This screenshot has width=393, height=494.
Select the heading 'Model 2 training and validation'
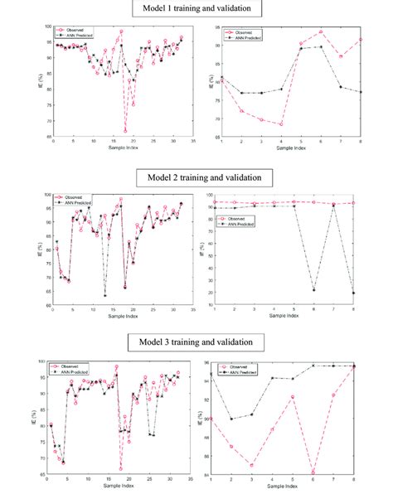(197, 177)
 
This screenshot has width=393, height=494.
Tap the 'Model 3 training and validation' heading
(197, 341)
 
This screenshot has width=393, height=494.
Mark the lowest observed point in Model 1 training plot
(125, 131)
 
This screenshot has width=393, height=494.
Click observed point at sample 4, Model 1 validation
(282, 124)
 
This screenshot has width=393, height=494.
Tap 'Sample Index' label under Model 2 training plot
(123, 316)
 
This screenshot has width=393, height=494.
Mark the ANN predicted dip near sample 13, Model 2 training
(105, 295)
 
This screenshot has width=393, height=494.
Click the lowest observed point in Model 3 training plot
(121, 468)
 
